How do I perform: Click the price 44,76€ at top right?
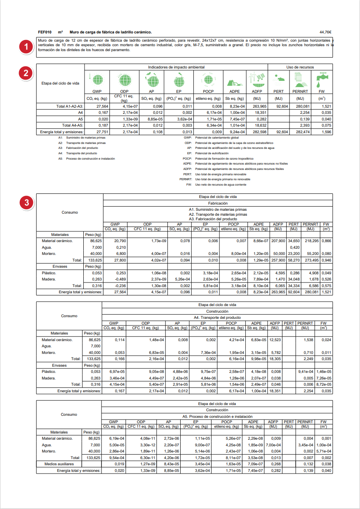(x=325, y=32)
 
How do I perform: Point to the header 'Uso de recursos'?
(x=300, y=67)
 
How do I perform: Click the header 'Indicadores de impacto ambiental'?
(x=176, y=67)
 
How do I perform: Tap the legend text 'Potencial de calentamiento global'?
(x=217, y=137)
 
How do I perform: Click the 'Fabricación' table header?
(x=218, y=203)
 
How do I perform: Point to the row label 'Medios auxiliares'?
(x=59, y=464)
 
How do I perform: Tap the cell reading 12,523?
(x=275, y=340)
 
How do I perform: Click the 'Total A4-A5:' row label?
(x=72, y=125)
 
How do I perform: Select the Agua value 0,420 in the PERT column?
(x=294, y=247)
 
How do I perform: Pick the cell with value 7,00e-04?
(x=274, y=445)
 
